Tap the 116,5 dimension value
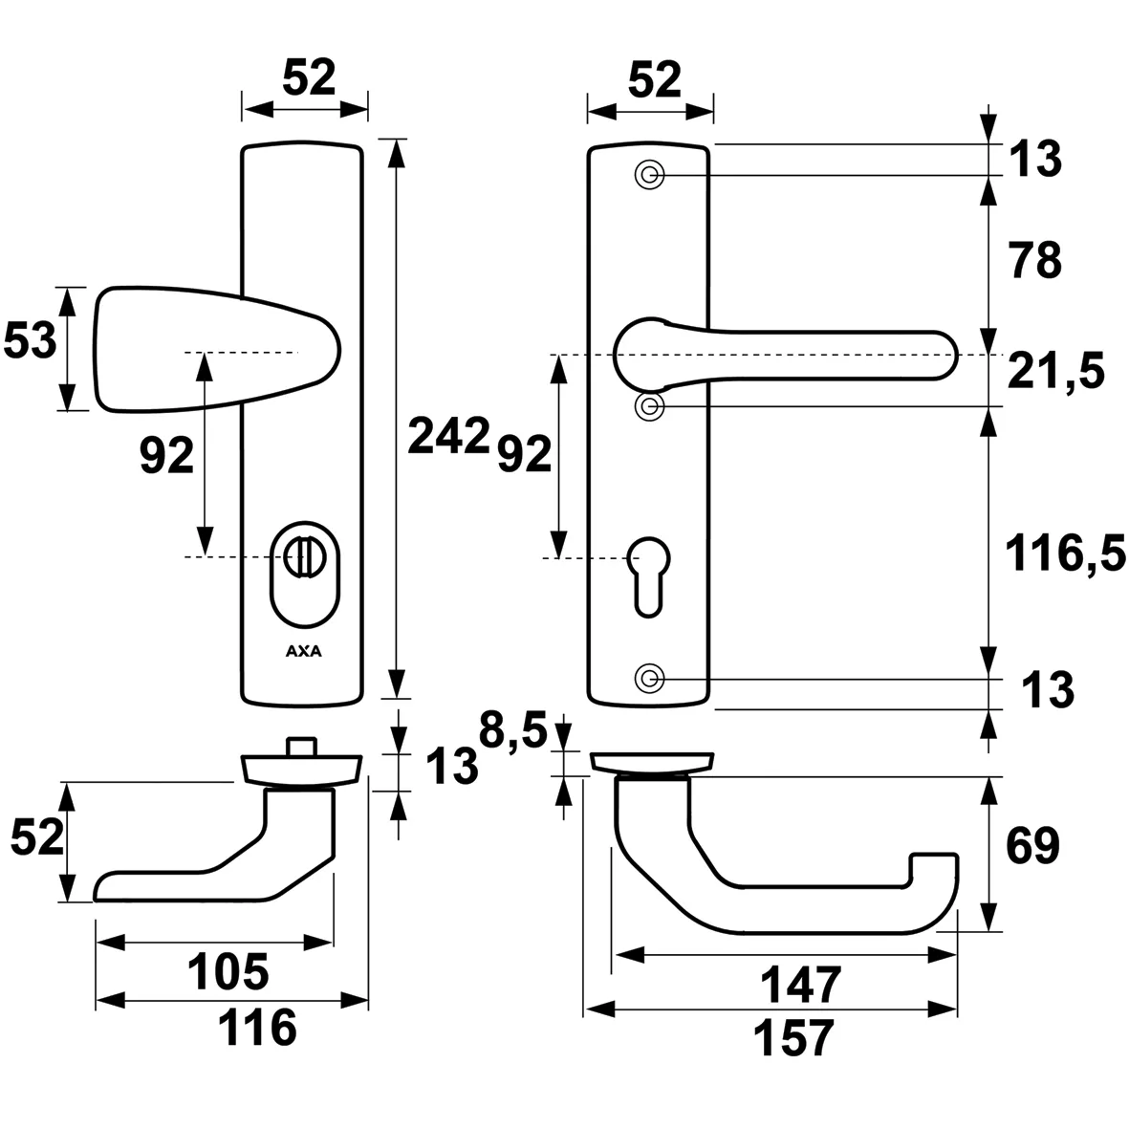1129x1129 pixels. [1065, 554]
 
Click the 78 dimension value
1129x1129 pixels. [1034, 261]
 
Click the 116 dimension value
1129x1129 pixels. [258, 1030]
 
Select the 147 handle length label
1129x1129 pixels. [801, 984]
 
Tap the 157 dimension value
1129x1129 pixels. [793, 1038]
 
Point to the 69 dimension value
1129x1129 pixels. [1032, 846]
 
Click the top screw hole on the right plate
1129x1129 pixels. [650, 176]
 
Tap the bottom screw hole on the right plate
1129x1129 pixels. [650, 679]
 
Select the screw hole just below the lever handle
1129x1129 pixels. [650, 406]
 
